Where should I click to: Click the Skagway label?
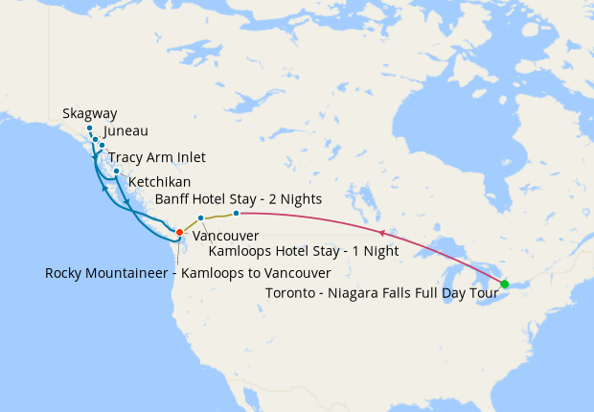pyautogui.click(x=89, y=113)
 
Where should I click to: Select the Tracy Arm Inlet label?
pyautogui.click(x=157, y=157)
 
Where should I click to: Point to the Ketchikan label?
pyautogui.click(x=159, y=181)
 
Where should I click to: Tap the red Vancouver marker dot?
pyautogui.click(x=179, y=232)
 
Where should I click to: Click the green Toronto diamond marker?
pyautogui.click(x=505, y=284)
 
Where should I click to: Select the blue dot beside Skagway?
pyautogui.click(x=89, y=128)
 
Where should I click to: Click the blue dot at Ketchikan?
pyautogui.click(x=116, y=172)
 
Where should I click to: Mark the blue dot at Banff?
pyautogui.click(x=236, y=213)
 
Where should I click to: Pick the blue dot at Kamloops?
pyautogui.click(x=200, y=217)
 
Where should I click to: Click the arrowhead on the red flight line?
pyautogui.click(x=382, y=233)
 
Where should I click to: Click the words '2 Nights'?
pyautogui.click(x=293, y=198)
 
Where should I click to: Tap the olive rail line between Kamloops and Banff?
pyautogui.click(x=217, y=216)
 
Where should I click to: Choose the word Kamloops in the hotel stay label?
pyautogui.click(x=240, y=252)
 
